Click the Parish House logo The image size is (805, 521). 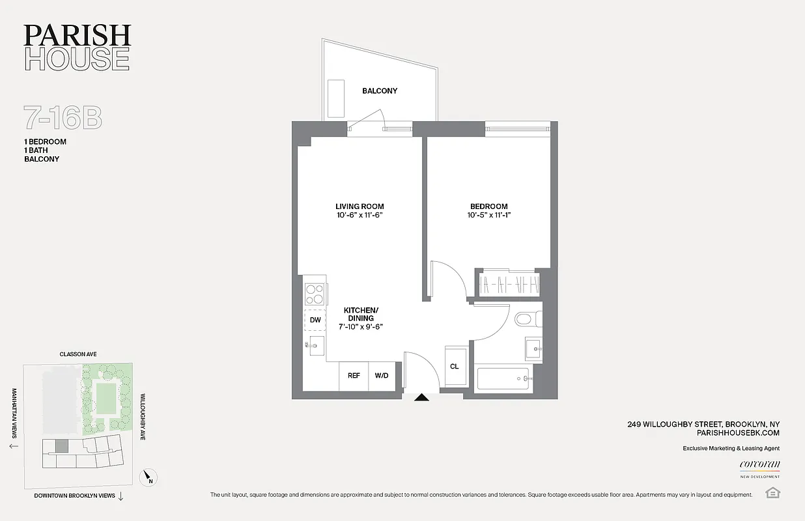point(78,48)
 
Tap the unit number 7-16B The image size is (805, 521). point(63,119)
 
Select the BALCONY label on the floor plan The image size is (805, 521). point(380,91)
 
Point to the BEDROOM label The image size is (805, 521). point(487,206)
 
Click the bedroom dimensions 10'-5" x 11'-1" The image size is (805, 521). point(487,216)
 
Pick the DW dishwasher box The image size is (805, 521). point(315,320)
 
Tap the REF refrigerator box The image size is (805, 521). point(354,376)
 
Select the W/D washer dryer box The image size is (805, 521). point(381,376)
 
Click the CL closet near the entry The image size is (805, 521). point(455,367)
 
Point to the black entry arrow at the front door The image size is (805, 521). point(422,397)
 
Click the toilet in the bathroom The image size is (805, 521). point(525,319)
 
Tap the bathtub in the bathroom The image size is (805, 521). point(503,378)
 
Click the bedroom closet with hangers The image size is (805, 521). point(509,285)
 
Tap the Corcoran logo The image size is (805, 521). point(759,464)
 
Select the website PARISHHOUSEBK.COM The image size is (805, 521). point(738,432)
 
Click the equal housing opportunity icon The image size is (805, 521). point(773,492)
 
